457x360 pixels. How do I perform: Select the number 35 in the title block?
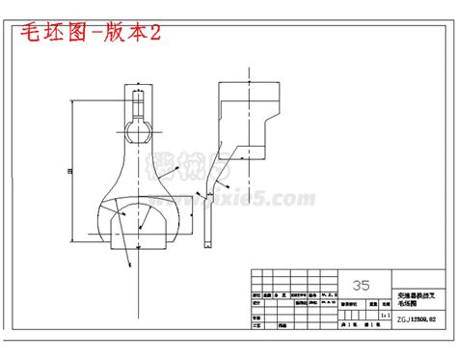click(362, 285)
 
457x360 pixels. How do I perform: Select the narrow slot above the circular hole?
click(138, 98)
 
